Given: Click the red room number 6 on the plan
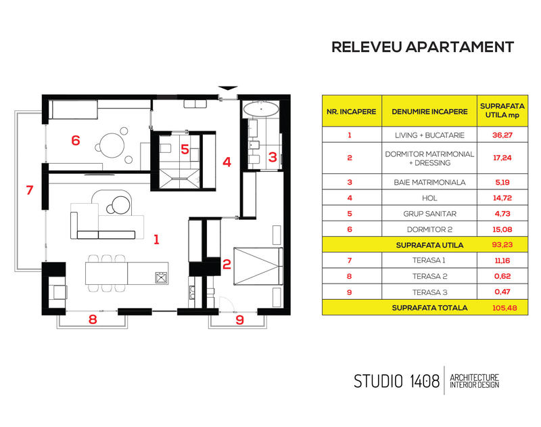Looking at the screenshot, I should click(x=76, y=141).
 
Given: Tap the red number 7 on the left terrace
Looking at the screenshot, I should click(x=29, y=191).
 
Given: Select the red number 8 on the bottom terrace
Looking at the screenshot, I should click(x=93, y=319).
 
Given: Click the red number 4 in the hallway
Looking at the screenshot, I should click(x=227, y=162).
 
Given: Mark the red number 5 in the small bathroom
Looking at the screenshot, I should click(x=185, y=149).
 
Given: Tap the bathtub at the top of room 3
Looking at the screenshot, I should click(x=260, y=108).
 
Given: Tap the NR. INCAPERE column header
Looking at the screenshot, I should click(x=350, y=111).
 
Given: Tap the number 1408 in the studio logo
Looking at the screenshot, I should click(x=419, y=381).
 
